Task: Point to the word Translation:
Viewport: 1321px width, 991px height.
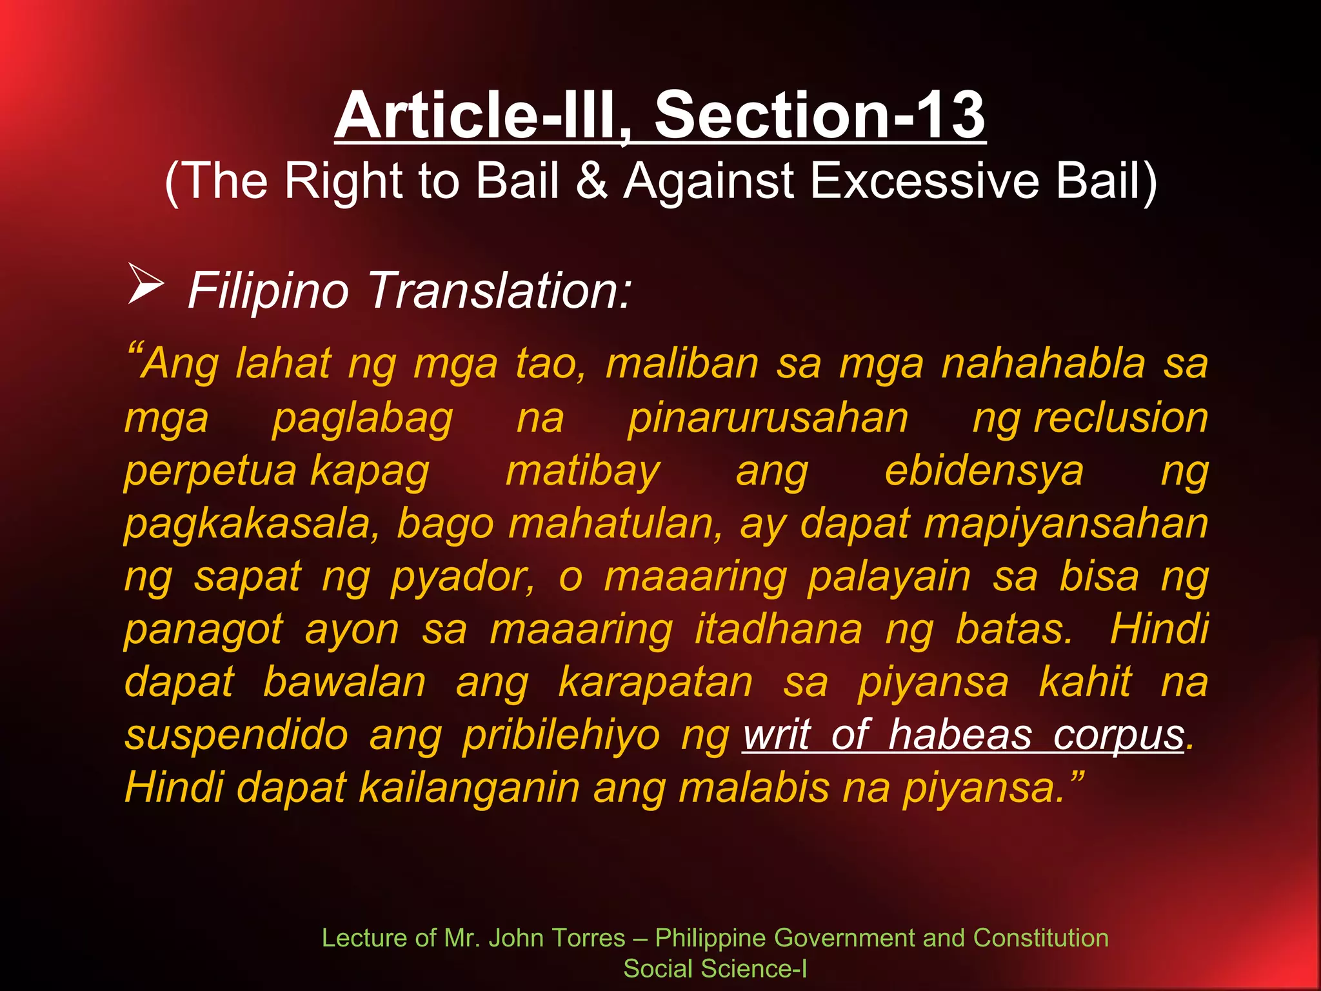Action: coord(499,291)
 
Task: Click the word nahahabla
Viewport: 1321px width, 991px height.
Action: coord(1043,364)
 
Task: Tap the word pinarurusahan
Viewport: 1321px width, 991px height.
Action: coord(768,418)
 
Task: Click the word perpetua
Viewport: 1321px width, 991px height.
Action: coord(210,472)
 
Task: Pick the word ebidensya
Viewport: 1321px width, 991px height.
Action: coord(984,472)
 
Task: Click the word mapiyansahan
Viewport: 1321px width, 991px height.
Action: coord(1066,524)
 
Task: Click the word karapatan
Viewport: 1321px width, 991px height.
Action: coord(655,682)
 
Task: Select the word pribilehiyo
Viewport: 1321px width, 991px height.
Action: coord(561,736)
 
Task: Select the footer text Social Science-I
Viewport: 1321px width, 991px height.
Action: coord(715,968)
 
